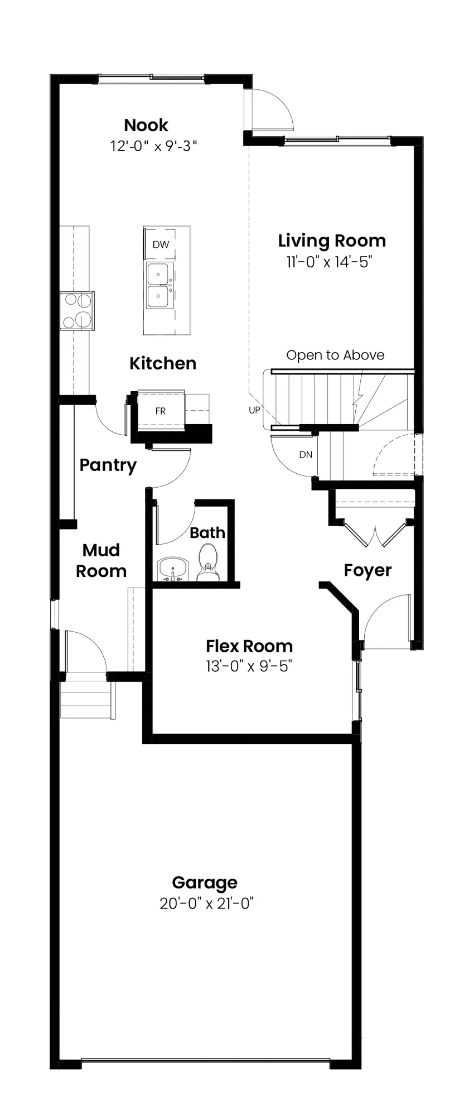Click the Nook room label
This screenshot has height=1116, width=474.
[146, 124]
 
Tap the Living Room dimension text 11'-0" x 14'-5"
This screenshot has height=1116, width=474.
[329, 262]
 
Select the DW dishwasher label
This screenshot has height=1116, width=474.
[161, 244]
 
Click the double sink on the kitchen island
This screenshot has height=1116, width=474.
[159, 286]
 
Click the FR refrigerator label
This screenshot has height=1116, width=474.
[161, 411]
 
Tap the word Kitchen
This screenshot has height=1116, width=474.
[163, 363]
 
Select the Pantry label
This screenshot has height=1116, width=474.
[108, 465]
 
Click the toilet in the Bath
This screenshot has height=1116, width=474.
[209, 562]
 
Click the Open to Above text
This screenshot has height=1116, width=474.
[335, 355]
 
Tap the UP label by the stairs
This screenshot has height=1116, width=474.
[254, 410]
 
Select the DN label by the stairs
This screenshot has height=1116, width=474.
[306, 455]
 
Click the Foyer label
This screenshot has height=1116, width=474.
[367, 570]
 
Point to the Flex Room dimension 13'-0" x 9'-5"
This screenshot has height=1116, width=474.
[249, 666]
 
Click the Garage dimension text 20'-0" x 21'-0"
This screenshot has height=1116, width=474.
[207, 903]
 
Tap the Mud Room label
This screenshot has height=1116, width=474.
[101, 560]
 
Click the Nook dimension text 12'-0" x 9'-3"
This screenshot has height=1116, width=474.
[154, 146]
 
